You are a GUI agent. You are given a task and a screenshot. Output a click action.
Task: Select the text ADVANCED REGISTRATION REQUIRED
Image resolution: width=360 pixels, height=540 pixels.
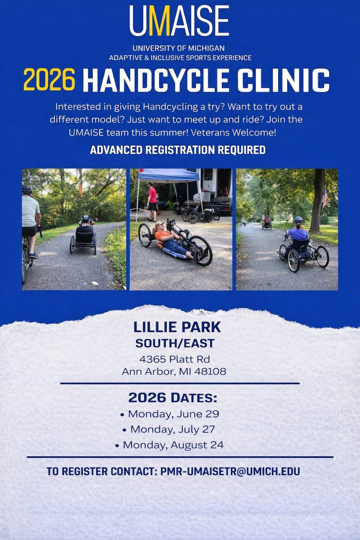tap(178, 150)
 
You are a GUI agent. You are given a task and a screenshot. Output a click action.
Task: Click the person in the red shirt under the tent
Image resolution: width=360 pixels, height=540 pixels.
tap(152, 202)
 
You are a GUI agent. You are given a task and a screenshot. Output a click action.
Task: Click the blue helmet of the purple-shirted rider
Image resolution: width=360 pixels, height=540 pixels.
tap(298, 220)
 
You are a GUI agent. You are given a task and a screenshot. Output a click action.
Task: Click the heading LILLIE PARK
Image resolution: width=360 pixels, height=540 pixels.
tap(177, 327)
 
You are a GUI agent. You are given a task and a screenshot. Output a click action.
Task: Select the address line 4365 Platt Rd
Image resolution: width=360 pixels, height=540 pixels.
tap(174, 359)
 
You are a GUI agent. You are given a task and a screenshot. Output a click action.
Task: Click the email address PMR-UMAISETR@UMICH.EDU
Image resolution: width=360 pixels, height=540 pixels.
tap(230, 471)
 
